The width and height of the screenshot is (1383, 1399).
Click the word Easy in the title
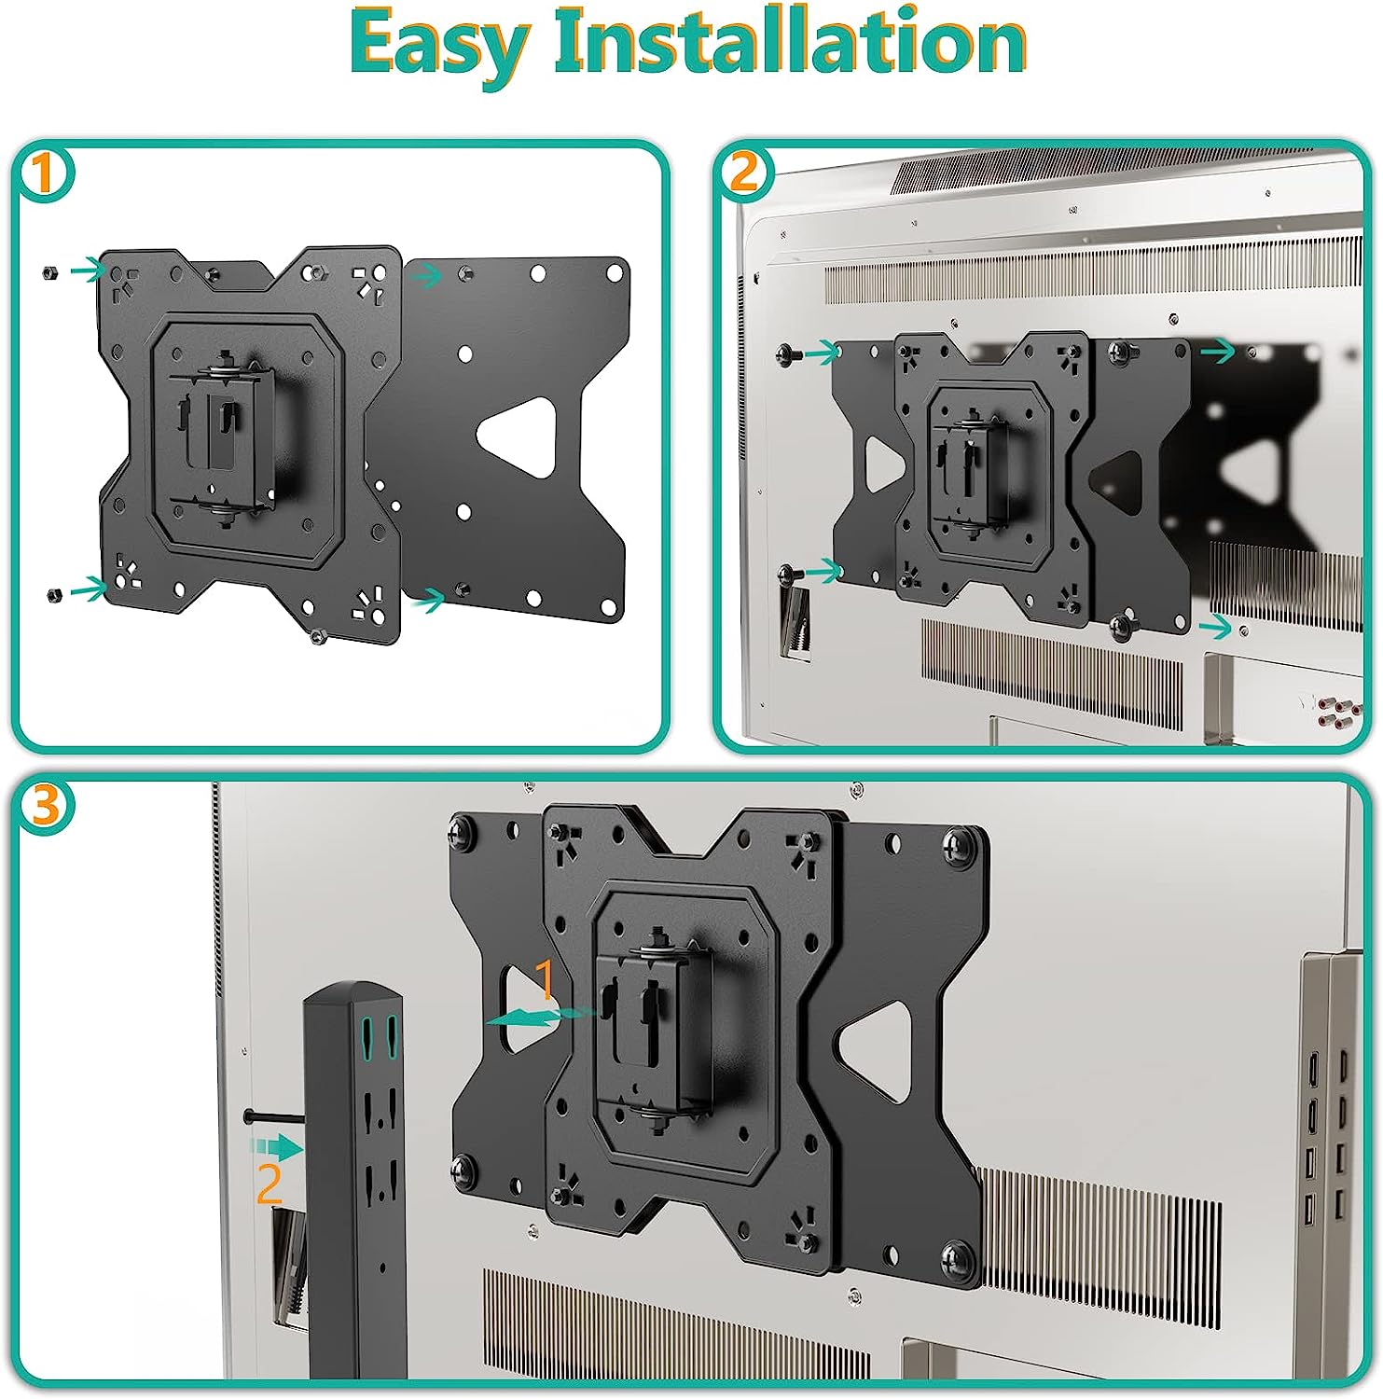[441, 45]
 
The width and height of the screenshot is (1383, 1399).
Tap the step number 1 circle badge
[43, 174]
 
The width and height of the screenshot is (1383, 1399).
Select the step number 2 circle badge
[743, 173]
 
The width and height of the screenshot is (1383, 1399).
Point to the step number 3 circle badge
[44, 804]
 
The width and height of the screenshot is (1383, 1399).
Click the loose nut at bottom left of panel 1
[53, 593]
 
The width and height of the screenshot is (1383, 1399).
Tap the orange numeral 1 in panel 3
[545, 980]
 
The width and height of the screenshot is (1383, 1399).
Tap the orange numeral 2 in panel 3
[269, 1184]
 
